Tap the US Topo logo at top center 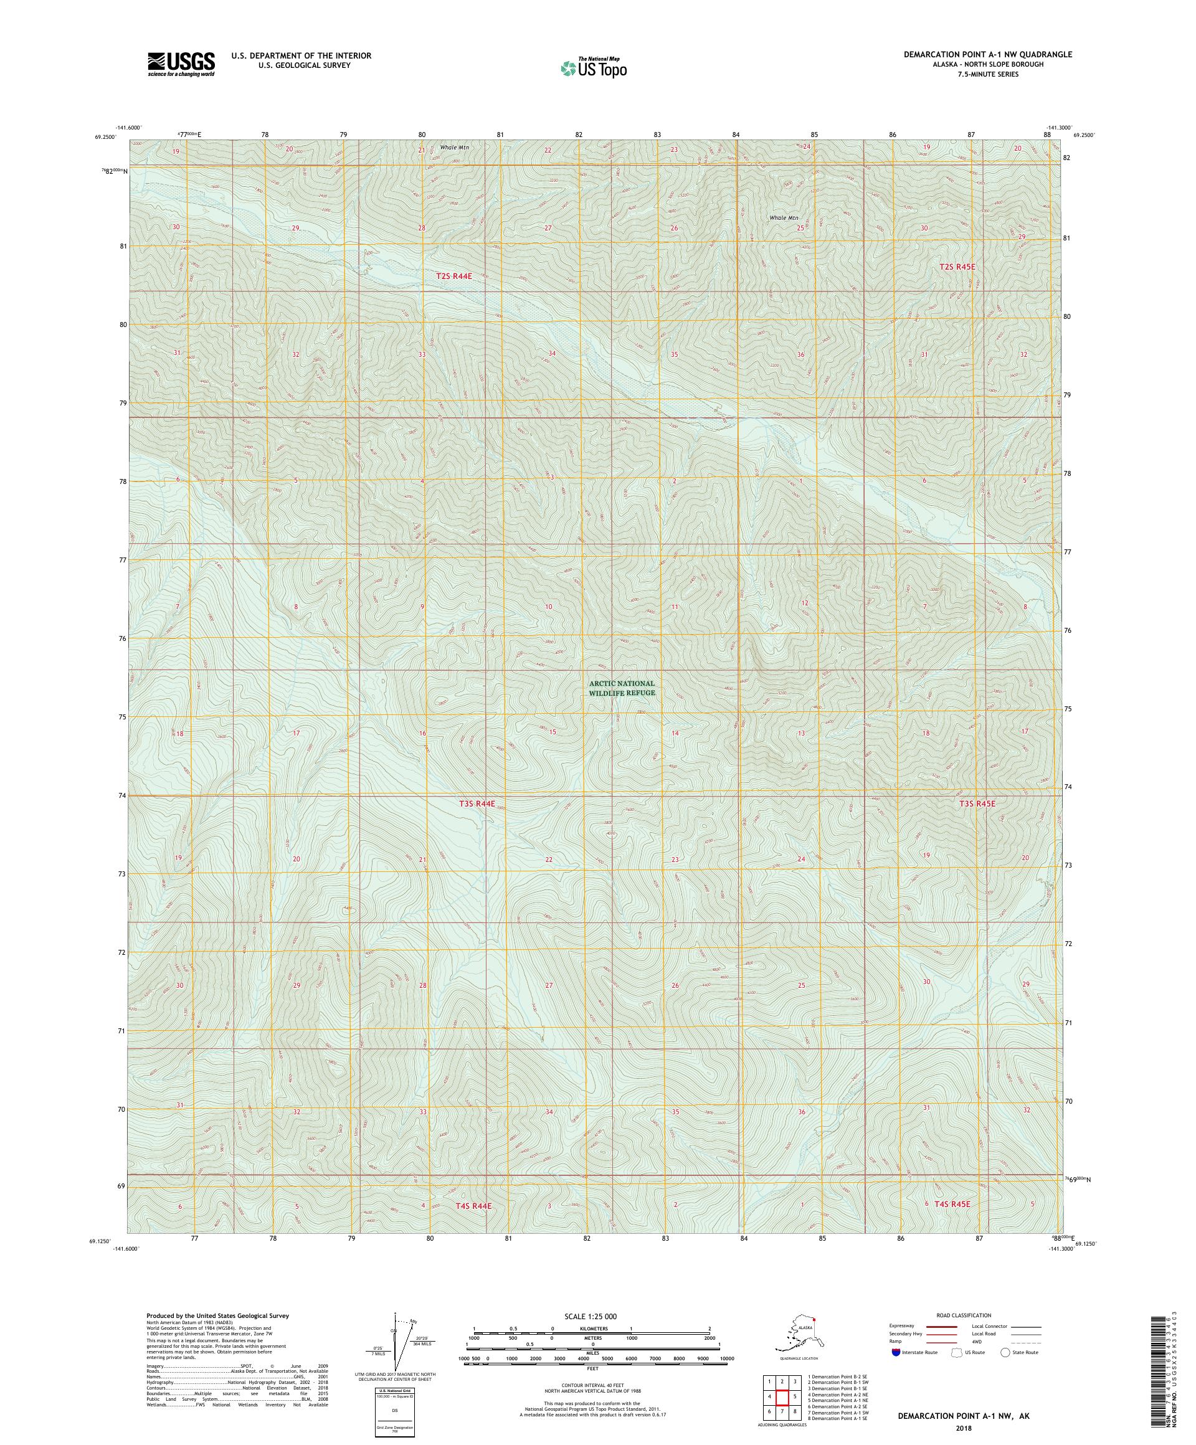point(593,67)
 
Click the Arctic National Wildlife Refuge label point(622,688)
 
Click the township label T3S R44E point(477,803)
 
